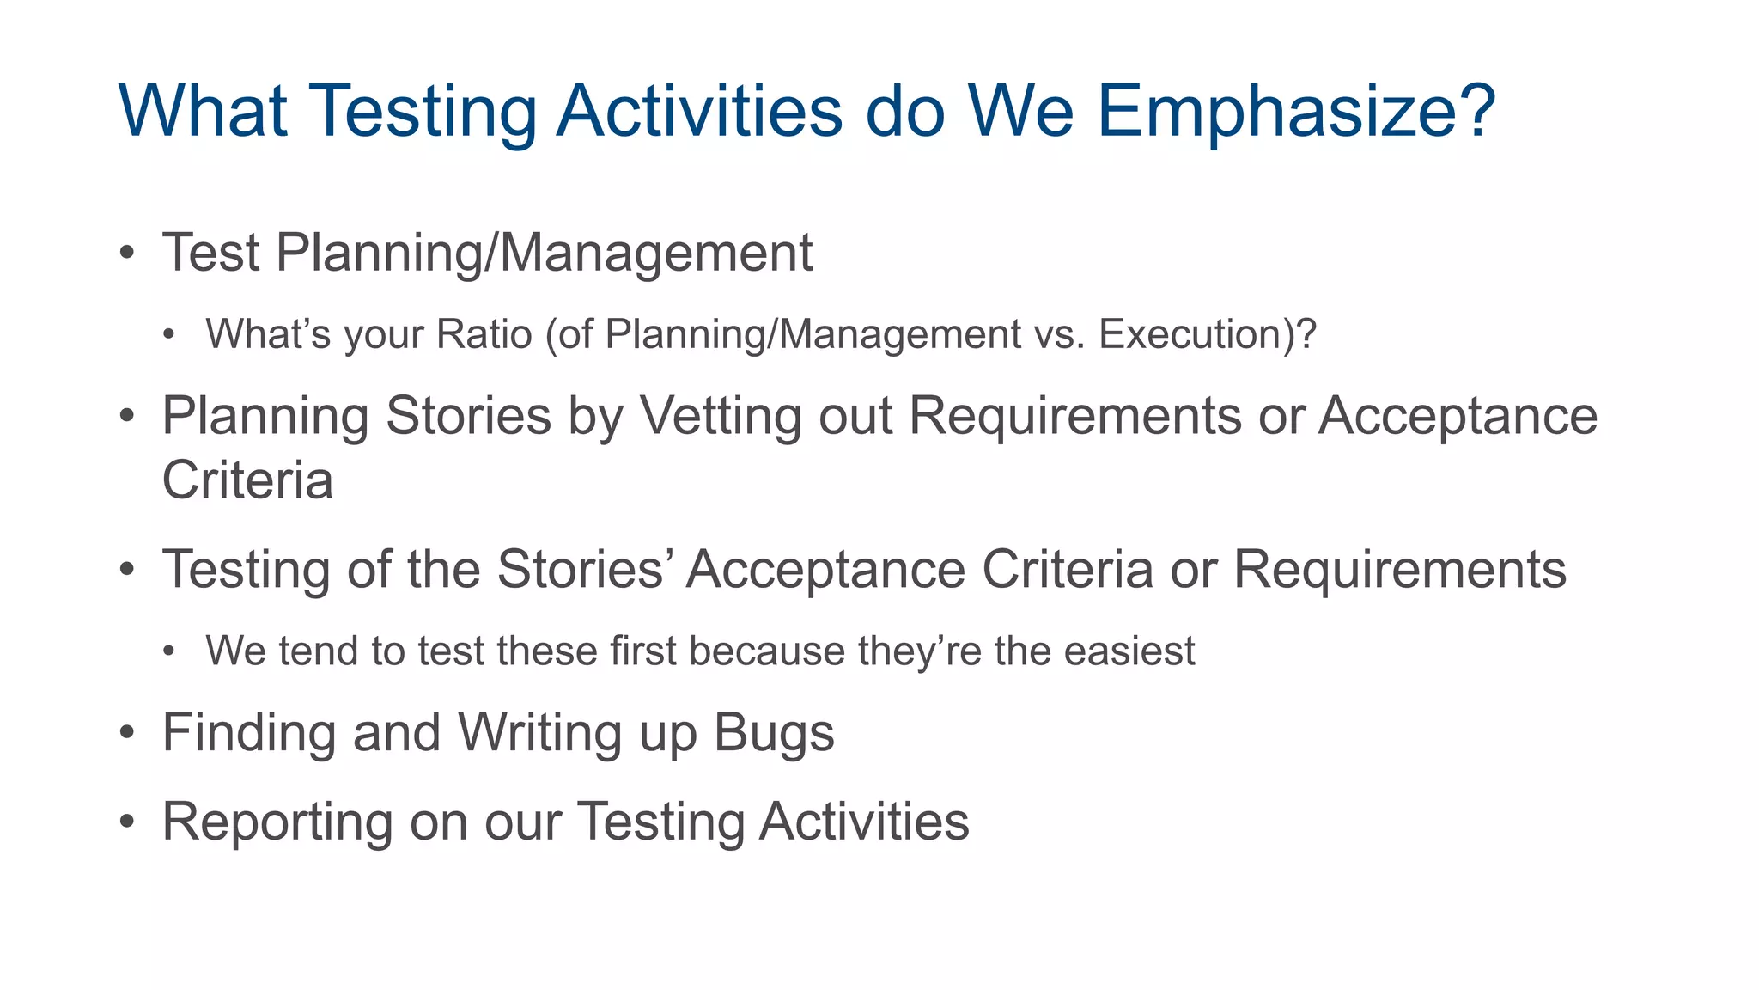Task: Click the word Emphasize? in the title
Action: click(1296, 112)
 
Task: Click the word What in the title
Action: click(203, 112)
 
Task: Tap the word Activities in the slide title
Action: click(699, 112)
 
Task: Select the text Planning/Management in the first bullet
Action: click(544, 254)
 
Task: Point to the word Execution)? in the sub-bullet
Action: click(1207, 334)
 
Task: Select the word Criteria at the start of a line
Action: click(247, 480)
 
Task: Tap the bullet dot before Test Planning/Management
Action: click(127, 254)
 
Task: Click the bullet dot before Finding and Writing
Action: click(127, 734)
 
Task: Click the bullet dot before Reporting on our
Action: click(127, 822)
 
